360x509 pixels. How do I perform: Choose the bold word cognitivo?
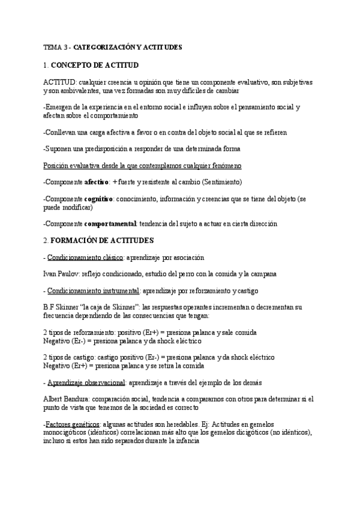[x=99, y=199]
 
